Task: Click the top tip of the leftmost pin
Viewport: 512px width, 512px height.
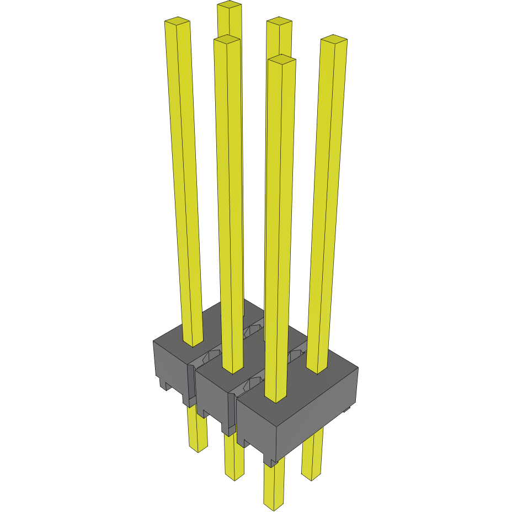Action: [177, 22]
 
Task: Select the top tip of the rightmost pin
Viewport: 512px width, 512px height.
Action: [334, 39]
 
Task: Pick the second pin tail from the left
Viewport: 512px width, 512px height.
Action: [234, 458]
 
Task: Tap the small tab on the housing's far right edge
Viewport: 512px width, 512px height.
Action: [347, 409]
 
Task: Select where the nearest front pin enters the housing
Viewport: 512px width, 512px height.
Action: [276, 398]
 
